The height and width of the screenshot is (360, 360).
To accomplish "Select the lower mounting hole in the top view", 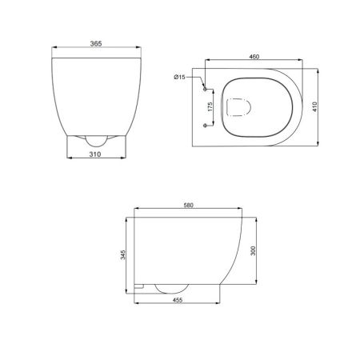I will (x=206, y=126).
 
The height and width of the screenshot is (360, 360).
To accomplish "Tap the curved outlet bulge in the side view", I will (x=169, y=289).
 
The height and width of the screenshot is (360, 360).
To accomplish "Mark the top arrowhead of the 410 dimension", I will (x=318, y=67).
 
